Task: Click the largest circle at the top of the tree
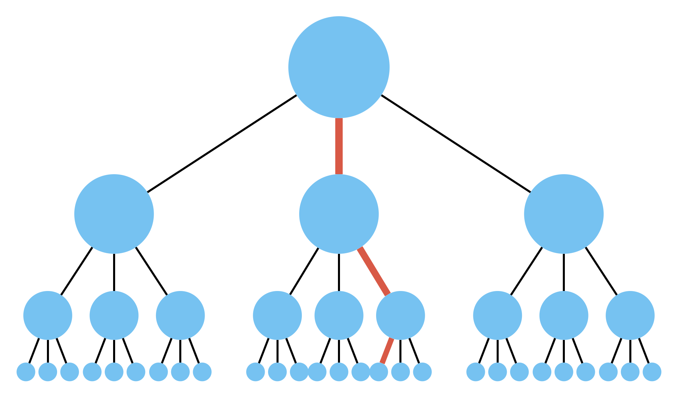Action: (x=339, y=67)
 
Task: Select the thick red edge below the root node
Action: (x=339, y=146)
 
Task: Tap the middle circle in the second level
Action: (x=339, y=214)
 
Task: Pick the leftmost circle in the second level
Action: (x=114, y=214)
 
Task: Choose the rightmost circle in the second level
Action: (x=563, y=214)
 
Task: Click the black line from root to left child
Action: (x=222, y=144)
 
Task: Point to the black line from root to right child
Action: (x=456, y=144)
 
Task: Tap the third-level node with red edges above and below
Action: (x=400, y=315)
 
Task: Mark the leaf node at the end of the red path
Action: (x=379, y=372)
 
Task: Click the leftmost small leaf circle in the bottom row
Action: (x=26, y=372)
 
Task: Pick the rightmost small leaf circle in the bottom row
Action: (x=652, y=372)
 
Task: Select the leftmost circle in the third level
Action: (x=48, y=315)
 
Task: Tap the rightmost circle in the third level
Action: (x=630, y=315)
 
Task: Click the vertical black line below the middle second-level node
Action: (x=339, y=272)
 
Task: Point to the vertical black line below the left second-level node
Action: (x=114, y=272)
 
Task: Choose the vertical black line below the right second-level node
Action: (x=563, y=272)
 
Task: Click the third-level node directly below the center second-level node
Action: (x=339, y=315)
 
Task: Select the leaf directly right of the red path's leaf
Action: (x=400, y=372)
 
